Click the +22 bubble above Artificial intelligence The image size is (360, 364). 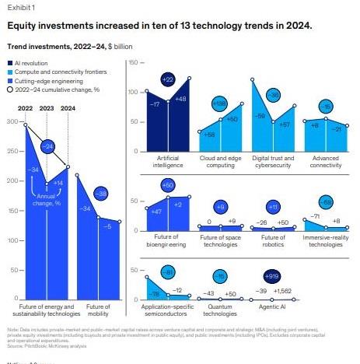tap(167, 80)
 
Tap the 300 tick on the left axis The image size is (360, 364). tap(11, 122)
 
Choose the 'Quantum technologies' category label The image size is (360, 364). tap(220, 313)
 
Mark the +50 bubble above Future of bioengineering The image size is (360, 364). tap(167, 185)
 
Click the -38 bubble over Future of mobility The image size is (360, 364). tap(100, 193)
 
